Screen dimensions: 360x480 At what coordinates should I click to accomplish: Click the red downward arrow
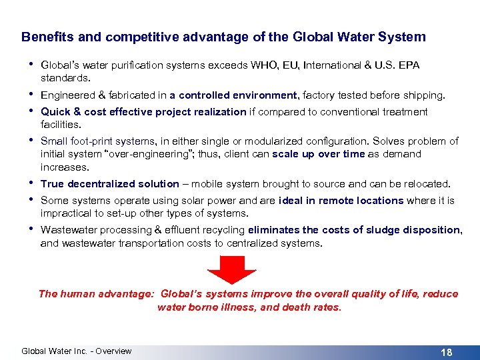(232, 269)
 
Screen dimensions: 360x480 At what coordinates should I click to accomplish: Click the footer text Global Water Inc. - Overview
(77, 351)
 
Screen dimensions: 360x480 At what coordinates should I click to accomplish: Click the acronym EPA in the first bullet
(409, 65)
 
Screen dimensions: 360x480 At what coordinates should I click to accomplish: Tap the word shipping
(424, 95)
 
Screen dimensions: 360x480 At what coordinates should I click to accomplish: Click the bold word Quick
(55, 112)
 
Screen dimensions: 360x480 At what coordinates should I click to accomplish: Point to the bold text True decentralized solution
(110, 184)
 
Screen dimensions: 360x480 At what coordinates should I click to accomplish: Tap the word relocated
(427, 184)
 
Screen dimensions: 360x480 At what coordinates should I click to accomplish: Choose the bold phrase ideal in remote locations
(341, 201)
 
